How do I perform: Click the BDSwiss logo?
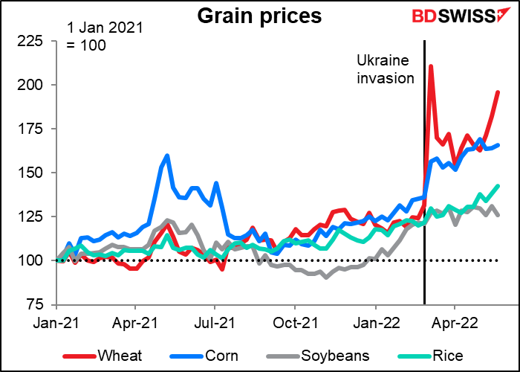[x=457, y=15]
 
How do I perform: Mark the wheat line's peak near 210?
[x=431, y=66]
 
